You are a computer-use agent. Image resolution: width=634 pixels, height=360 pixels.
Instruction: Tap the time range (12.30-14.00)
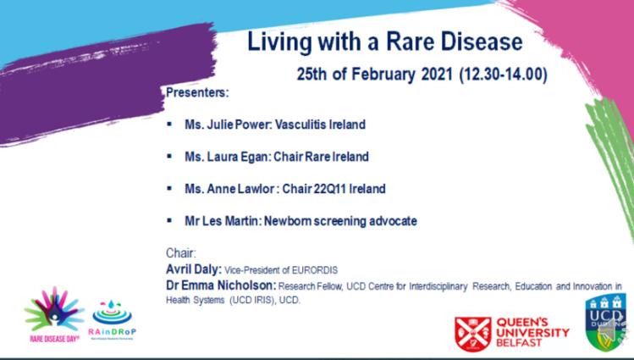click(503, 75)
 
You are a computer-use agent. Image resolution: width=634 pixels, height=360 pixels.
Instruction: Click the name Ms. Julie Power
click(220, 125)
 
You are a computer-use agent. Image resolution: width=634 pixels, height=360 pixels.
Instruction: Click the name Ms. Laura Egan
click(220, 157)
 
